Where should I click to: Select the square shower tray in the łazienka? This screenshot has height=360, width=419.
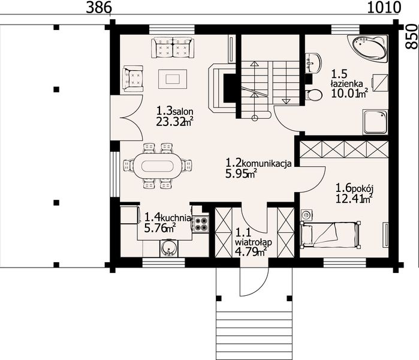click(375, 123)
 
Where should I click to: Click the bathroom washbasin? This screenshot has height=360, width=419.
click(312, 62)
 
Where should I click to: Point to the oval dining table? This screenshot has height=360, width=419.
click(156, 165)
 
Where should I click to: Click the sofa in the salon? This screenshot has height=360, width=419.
click(173, 46)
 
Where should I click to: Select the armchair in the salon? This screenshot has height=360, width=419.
click(133, 79)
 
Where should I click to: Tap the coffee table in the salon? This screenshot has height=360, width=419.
click(173, 78)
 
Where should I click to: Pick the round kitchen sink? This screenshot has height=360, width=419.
click(168, 247)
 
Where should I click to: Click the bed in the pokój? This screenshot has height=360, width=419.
click(330, 232)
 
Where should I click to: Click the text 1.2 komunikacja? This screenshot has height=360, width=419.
click(258, 163)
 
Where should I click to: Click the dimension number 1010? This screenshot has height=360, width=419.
click(384, 8)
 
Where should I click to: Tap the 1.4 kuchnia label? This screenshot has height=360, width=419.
click(167, 218)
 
